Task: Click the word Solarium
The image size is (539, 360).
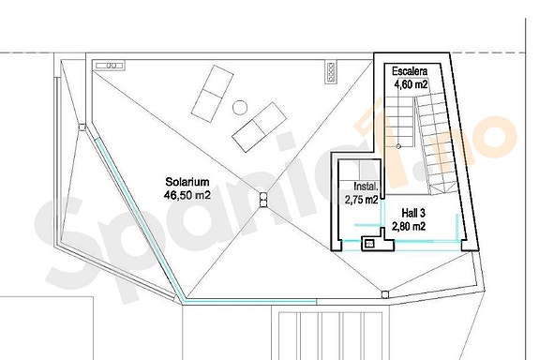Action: click(186, 182)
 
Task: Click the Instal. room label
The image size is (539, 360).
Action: click(361, 187)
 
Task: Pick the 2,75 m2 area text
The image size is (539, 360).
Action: click(361, 200)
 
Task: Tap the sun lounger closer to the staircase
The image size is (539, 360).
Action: click(260, 127)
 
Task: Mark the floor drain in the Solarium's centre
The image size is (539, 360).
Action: click(263, 198)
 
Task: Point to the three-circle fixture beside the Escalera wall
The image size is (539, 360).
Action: click(330, 69)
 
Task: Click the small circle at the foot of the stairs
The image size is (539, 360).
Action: click(399, 147)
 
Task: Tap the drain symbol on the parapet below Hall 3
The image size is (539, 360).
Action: click(385, 291)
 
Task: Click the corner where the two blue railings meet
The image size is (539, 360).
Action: click(184, 302)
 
